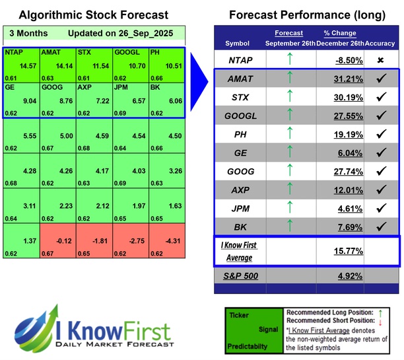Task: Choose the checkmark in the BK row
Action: [x=380, y=227]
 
